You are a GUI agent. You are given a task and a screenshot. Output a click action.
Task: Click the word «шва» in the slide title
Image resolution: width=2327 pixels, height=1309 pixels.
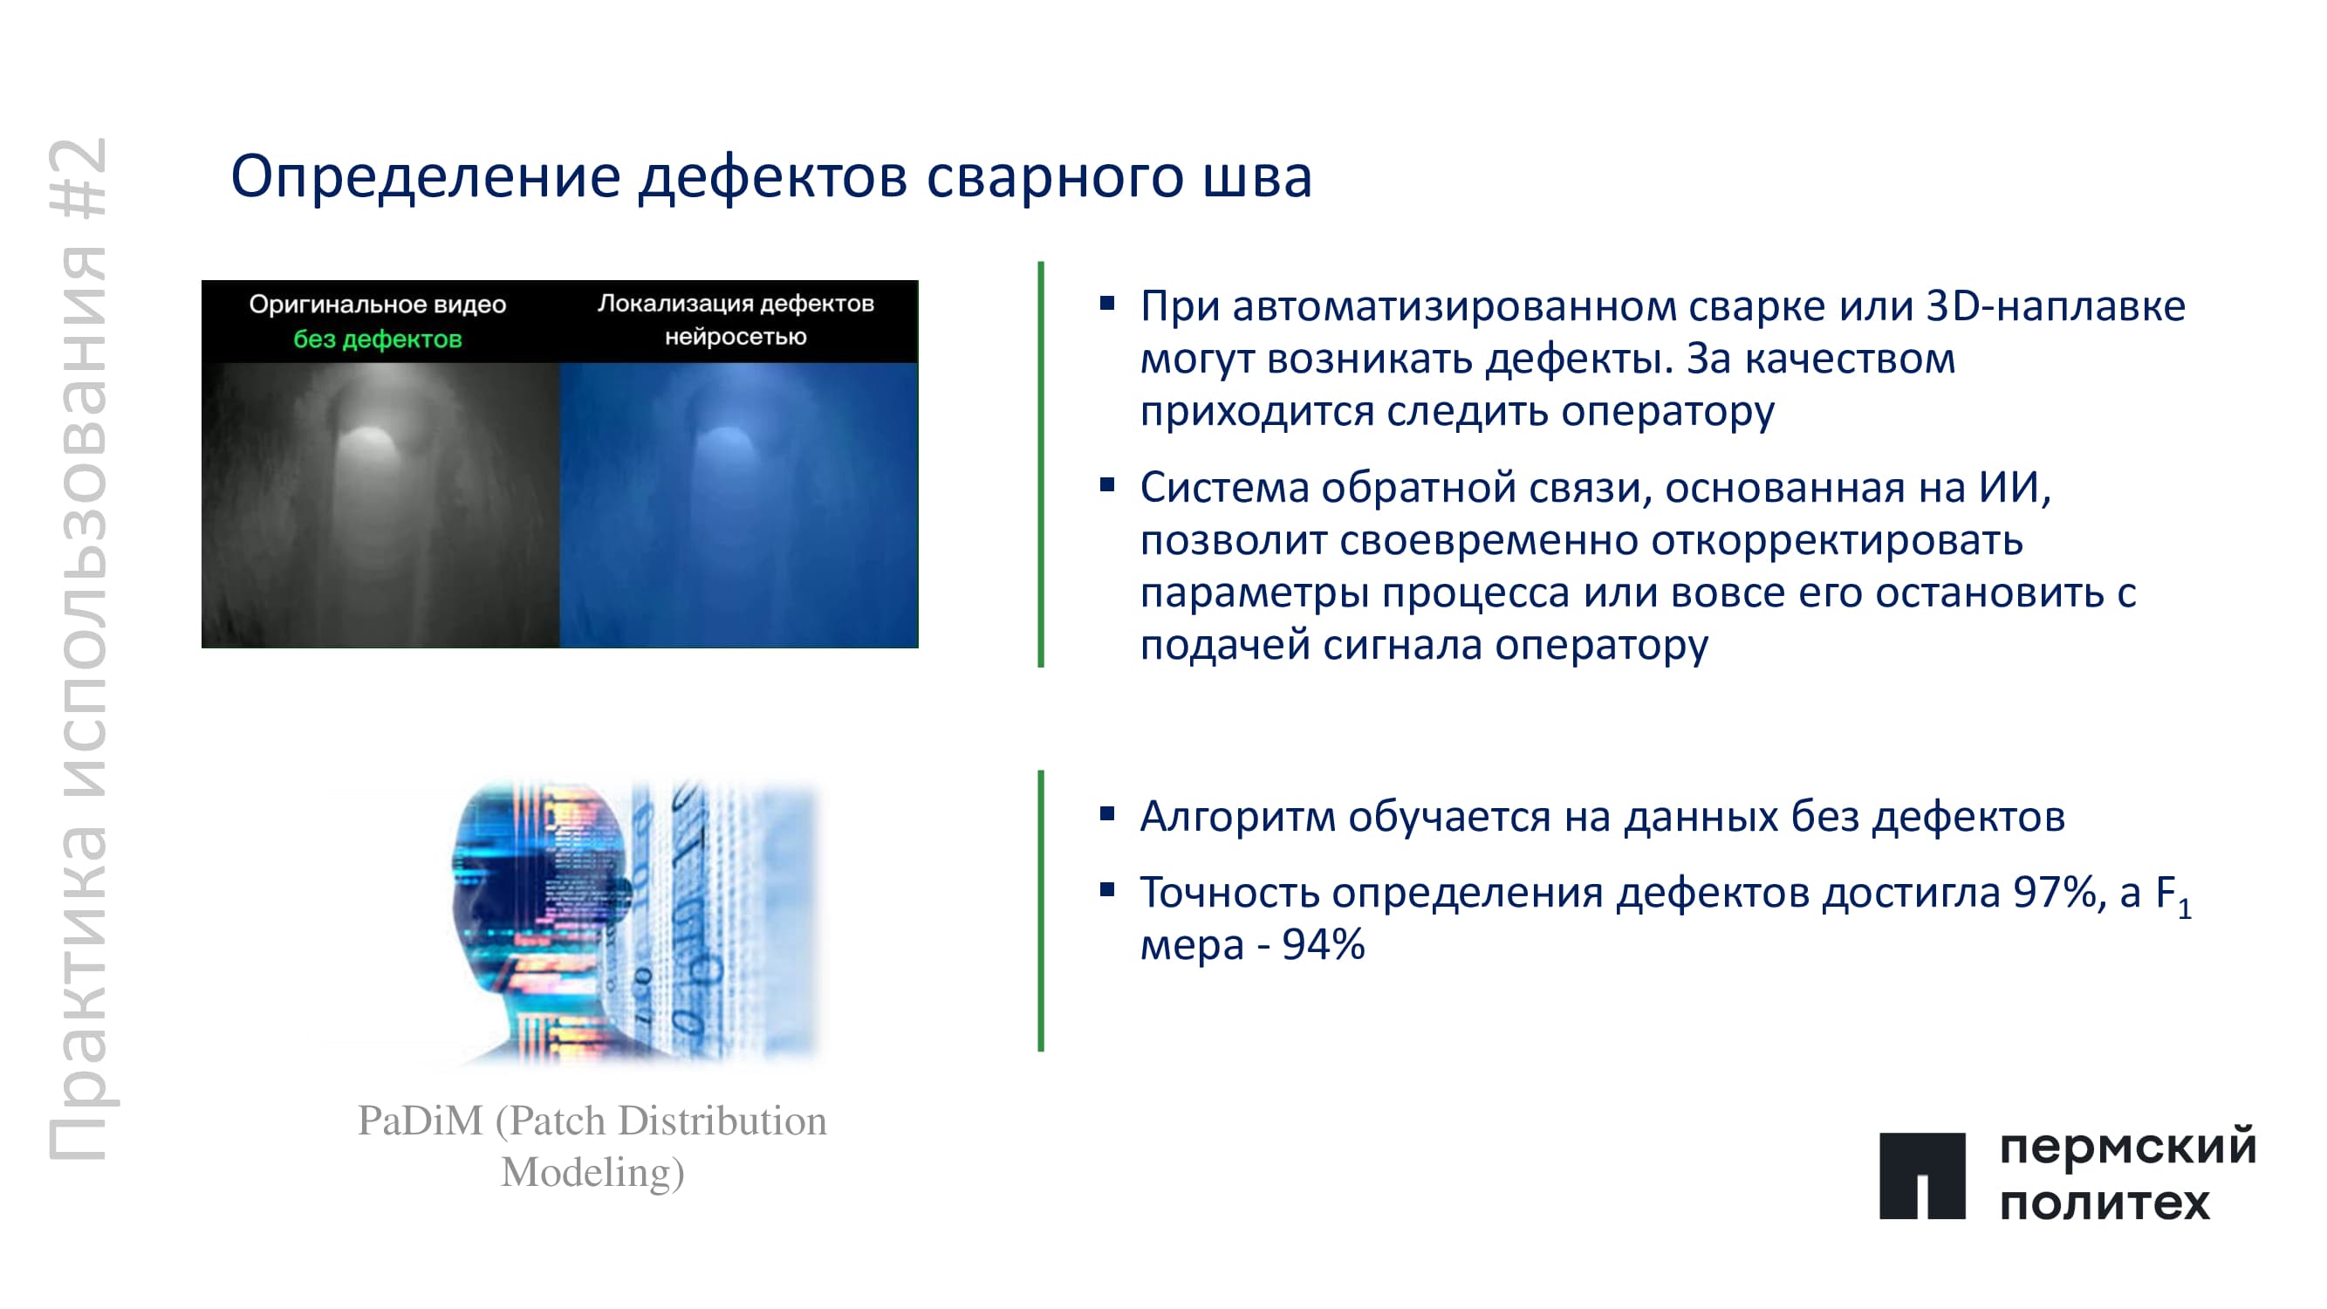pos(1256,176)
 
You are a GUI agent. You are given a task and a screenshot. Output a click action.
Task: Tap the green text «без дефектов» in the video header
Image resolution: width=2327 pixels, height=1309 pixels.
pos(378,339)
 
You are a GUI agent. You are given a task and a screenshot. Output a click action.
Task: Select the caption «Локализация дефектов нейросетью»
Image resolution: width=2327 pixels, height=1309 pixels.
pos(736,319)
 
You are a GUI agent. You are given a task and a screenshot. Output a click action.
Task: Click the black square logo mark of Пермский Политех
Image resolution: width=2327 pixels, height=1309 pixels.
pos(1922,1175)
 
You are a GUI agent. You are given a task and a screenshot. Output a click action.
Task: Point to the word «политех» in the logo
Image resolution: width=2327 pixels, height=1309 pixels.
pos(2105,1204)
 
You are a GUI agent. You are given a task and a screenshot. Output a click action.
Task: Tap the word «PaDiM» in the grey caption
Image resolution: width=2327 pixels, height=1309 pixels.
pos(421,1121)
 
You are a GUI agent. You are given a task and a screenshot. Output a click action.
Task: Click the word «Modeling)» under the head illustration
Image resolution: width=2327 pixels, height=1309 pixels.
pos(592,1173)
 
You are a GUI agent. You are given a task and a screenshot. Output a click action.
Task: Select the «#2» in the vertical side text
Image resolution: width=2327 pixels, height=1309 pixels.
pos(78,178)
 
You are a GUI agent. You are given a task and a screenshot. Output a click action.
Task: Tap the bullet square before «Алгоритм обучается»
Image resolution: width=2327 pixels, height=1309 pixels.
pos(1106,813)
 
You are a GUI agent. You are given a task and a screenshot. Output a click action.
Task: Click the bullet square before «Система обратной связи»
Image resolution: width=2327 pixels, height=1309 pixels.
pos(1106,485)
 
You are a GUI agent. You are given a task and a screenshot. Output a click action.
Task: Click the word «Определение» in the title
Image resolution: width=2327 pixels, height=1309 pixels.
pos(426,178)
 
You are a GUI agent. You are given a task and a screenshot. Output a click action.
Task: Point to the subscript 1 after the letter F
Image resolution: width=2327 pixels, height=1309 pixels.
pos(2183,908)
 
